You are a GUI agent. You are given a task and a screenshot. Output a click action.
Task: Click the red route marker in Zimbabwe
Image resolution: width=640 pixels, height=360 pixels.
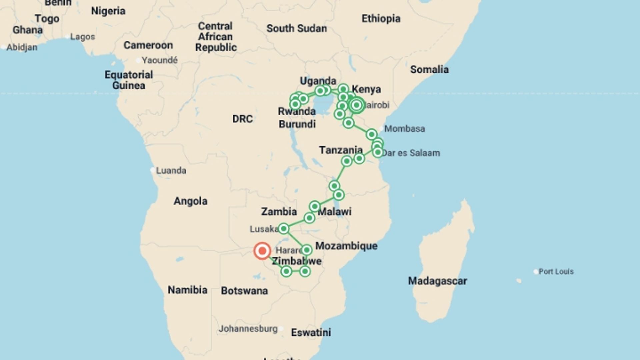point(262,251)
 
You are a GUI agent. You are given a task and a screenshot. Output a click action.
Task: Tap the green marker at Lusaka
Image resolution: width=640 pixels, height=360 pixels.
point(283,228)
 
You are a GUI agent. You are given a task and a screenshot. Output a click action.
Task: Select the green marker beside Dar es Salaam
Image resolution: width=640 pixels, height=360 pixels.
point(378,152)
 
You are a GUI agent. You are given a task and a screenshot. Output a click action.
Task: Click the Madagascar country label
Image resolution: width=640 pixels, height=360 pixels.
point(437,281)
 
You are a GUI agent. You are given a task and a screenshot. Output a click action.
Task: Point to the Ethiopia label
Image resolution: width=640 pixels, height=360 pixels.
point(381,19)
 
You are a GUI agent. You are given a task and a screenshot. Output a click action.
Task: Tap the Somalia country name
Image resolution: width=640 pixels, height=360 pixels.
point(429,70)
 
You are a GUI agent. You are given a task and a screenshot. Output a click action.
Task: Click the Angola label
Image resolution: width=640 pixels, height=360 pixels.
point(191,201)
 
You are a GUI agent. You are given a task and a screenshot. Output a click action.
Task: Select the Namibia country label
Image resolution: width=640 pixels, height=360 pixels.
point(187,290)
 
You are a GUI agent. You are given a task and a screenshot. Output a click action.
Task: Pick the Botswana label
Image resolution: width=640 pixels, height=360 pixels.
point(244,291)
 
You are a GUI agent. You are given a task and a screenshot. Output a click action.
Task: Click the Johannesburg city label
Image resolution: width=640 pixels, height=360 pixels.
point(248,329)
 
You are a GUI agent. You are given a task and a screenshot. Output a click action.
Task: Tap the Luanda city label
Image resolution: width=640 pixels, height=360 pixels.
point(171,170)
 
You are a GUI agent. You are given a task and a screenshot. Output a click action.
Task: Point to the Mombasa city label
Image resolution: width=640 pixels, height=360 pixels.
point(405,129)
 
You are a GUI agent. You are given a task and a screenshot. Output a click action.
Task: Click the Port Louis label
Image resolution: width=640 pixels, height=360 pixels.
point(556,271)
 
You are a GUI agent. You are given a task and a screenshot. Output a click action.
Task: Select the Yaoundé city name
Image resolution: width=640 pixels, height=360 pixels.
point(160,60)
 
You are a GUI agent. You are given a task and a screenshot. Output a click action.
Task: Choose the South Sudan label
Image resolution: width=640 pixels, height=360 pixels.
point(296,29)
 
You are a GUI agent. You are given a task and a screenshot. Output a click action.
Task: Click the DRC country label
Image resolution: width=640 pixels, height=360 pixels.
point(242,119)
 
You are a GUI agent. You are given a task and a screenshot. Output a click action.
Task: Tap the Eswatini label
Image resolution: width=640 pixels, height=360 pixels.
point(311,332)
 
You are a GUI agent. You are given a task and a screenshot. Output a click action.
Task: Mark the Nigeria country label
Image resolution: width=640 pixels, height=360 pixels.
point(108,11)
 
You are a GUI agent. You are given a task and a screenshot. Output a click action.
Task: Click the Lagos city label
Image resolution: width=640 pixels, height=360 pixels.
point(83,37)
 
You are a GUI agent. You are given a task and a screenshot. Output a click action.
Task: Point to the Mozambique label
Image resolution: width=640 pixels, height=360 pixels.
point(346,246)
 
